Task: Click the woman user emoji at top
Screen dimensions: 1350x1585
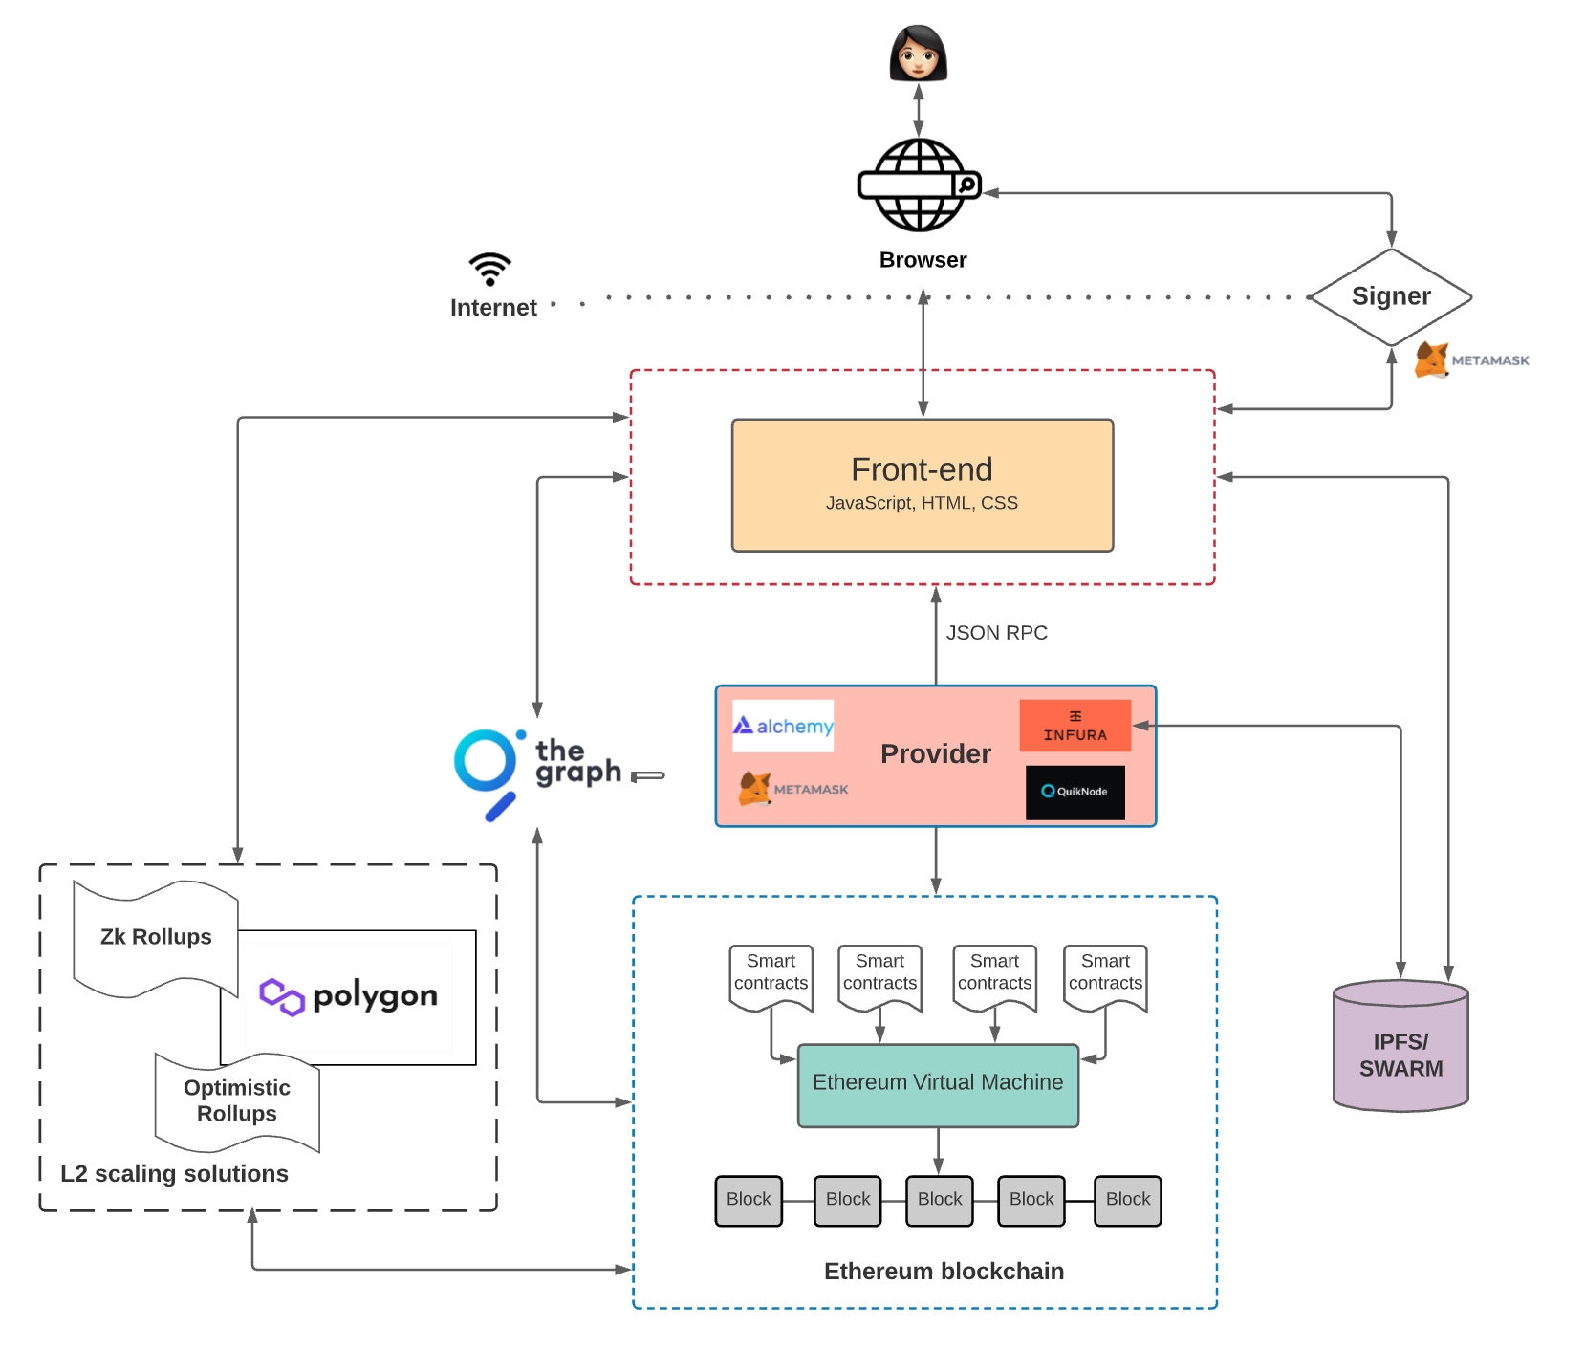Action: click(918, 53)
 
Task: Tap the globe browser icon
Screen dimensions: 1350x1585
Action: click(919, 185)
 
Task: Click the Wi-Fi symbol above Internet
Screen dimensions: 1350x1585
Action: click(490, 269)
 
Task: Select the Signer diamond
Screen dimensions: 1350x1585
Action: click(1390, 296)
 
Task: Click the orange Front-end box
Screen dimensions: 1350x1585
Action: click(922, 485)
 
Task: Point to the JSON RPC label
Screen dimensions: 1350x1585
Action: click(996, 633)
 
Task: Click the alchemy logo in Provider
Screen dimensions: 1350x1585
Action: click(783, 726)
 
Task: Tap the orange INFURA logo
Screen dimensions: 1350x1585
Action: click(1075, 726)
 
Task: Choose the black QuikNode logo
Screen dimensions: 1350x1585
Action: click(1075, 792)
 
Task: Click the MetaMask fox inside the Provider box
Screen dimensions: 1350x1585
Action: click(755, 789)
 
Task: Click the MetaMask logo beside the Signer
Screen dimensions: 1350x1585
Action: click(1432, 360)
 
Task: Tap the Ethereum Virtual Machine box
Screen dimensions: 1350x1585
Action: click(937, 1084)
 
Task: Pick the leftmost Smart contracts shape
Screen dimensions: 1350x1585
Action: click(771, 975)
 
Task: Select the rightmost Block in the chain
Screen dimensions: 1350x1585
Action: click(1127, 1200)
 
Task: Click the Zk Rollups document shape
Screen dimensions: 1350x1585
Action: click(156, 938)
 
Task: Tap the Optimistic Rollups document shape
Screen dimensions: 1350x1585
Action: click(237, 1101)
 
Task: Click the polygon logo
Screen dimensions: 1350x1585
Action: click(348, 996)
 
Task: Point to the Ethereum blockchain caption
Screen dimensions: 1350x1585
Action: click(944, 1271)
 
